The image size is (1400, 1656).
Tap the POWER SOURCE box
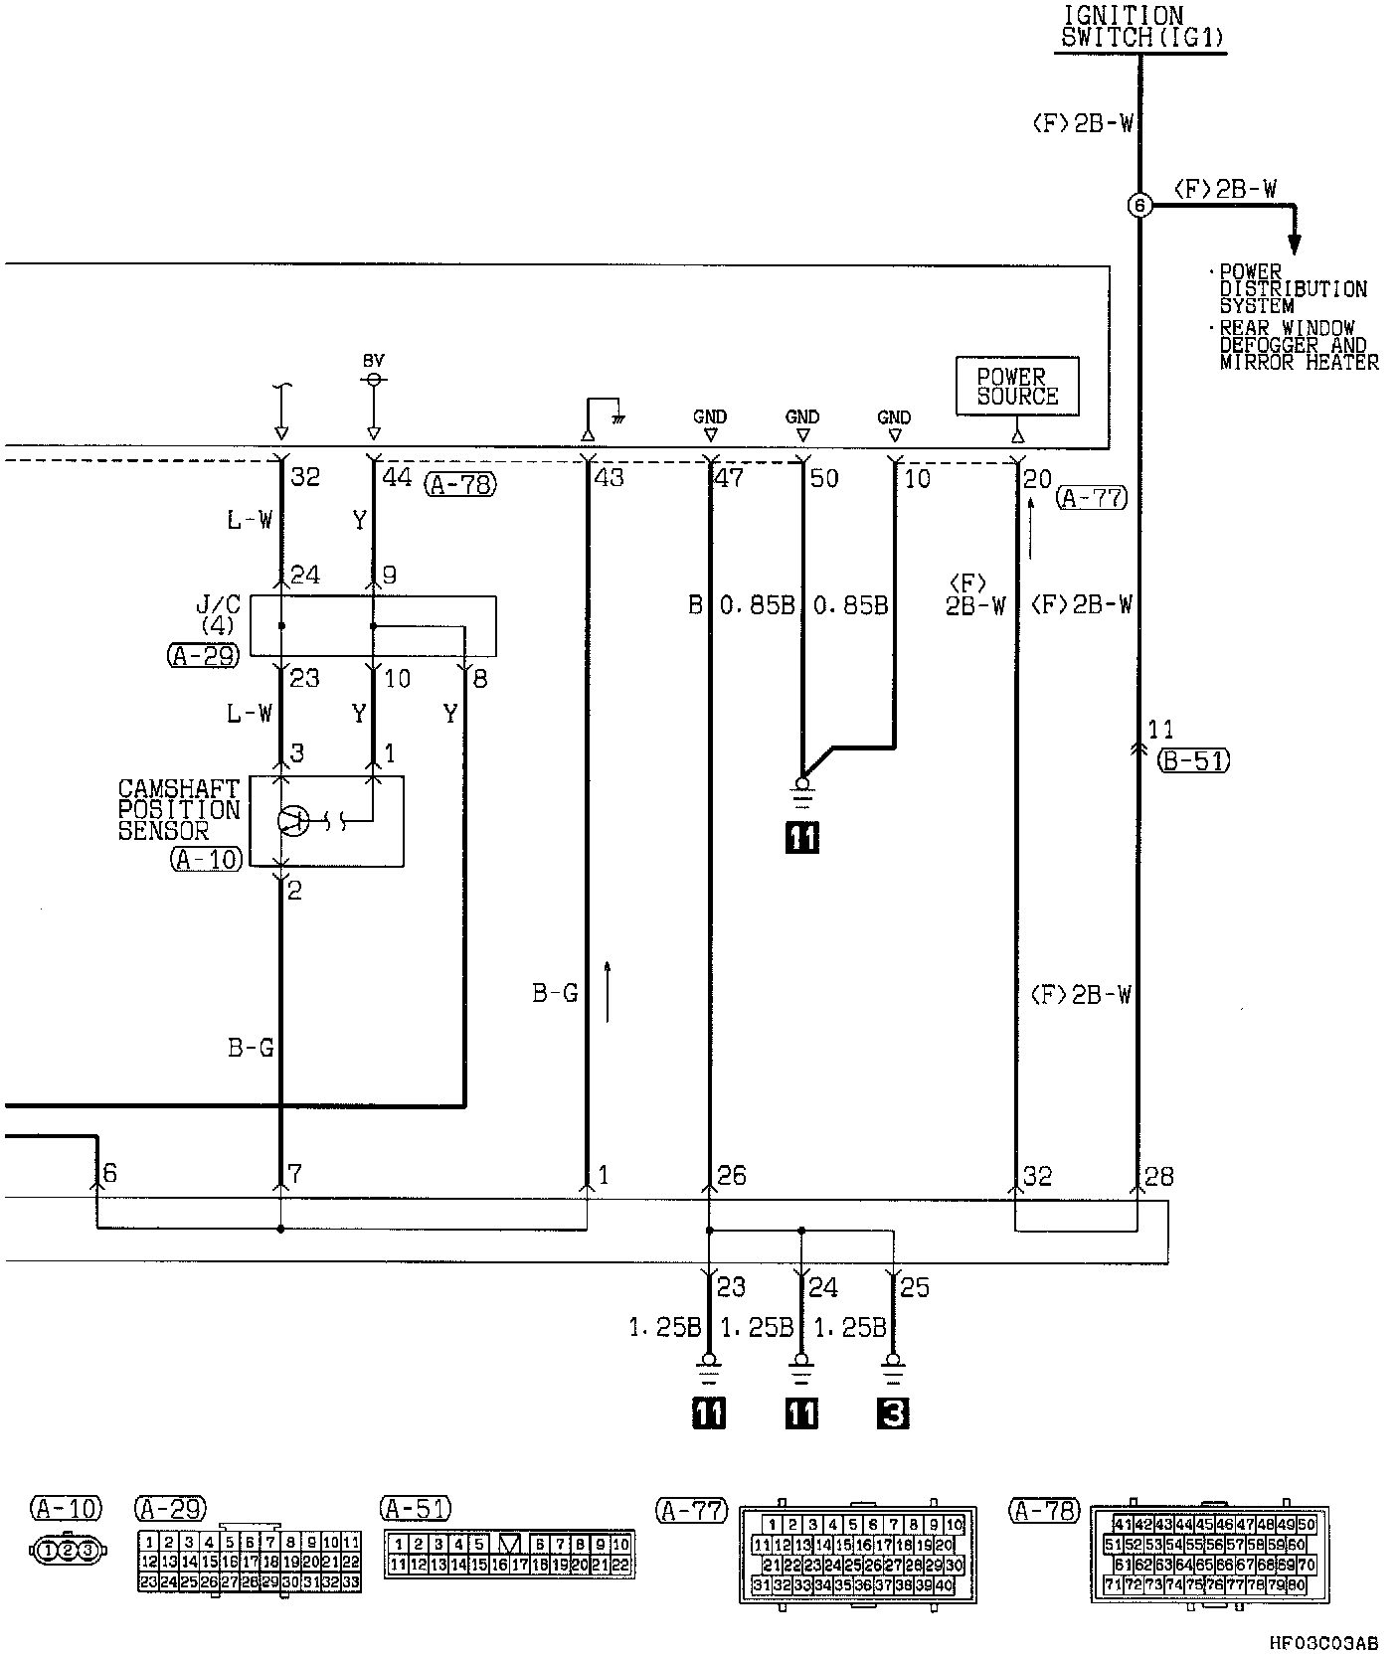1016,387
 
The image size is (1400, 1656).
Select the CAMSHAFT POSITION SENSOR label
179,809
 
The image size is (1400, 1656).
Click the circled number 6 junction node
1139,206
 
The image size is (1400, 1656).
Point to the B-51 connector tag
1194,760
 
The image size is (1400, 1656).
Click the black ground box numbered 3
893,1412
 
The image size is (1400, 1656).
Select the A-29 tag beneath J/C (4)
204,656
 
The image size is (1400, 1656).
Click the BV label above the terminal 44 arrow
373,361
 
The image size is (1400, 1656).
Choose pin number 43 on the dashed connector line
609,478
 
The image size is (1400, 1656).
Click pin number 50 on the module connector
824,478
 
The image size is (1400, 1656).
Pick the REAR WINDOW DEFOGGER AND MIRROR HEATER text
1298,345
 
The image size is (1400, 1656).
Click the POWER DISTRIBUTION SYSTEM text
1293,289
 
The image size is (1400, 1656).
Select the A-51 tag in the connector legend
416,1509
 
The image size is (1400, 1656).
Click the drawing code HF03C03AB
1323,1642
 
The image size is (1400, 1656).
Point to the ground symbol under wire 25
893,1368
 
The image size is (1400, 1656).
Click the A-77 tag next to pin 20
1092,498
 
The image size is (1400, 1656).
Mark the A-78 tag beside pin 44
459,485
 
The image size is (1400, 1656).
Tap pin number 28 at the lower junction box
1159,1176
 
